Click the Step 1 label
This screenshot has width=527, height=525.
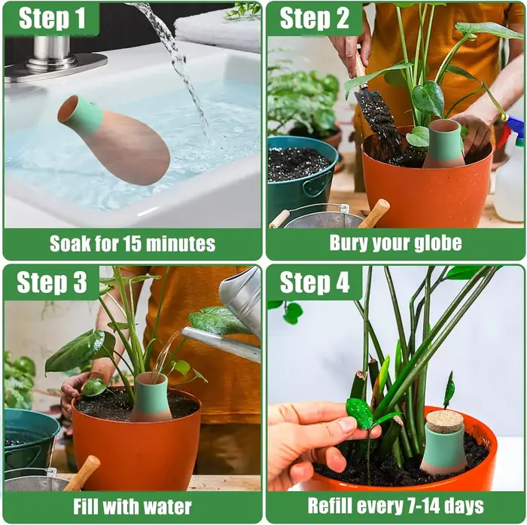click(x=52, y=19)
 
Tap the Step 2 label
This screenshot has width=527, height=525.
click(x=314, y=19)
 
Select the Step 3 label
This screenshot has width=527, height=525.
click(x=52, y=282)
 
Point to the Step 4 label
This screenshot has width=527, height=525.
click(x=315, y=282)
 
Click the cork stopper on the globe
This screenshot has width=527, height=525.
click(x=445, y=419)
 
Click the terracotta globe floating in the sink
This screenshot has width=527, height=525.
click(x=113, y=139)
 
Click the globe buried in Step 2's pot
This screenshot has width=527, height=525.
click(x=444, y=144)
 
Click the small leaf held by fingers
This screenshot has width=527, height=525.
click(x=360, y=413)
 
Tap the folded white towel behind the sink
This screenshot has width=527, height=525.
click(x=218, y=32)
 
